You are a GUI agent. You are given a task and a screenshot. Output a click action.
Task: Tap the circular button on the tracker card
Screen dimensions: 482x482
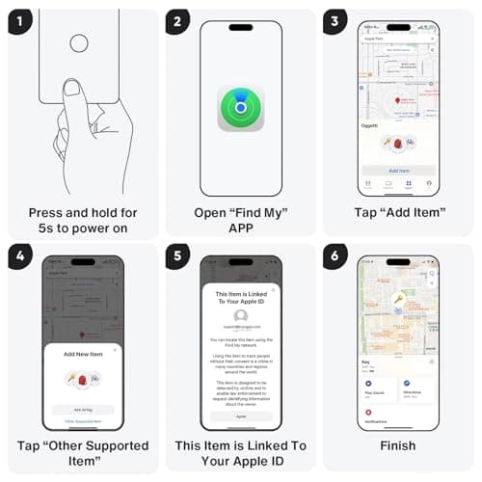click(79, 43)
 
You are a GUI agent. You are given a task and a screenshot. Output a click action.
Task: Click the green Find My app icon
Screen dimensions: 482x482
click(240, 107)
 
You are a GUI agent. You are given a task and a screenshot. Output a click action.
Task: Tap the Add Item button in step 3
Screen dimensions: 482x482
click(397, 170)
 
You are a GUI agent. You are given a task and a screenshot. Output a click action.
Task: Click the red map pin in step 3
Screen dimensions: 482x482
click(396, 100)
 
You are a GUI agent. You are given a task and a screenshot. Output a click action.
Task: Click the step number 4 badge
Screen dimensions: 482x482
click(18, 257)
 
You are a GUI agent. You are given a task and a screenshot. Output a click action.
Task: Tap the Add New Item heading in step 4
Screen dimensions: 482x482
click(84, 356)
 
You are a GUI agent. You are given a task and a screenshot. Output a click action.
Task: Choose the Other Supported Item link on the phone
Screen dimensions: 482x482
click(84, 422)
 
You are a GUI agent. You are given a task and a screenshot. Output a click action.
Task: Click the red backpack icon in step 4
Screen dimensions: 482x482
click(83, 379)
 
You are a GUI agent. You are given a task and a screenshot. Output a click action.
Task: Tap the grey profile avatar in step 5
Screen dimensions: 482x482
click(240, 315)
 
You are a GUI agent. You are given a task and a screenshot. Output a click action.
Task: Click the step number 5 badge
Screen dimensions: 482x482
click(177, 257)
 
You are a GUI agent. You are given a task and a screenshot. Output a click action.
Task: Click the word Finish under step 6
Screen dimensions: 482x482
click(397, 445)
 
